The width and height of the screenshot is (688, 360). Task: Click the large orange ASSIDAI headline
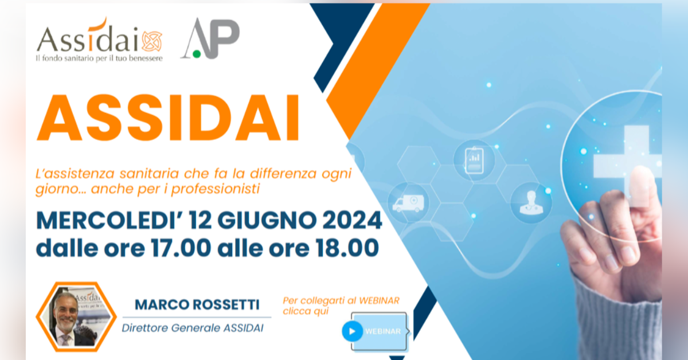(168, 118)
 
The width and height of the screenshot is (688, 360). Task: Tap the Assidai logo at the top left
(99, 40)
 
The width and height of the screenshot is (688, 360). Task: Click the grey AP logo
(210, 38)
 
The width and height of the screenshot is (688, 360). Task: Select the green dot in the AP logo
(197, 54)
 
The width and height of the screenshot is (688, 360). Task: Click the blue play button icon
(352, 331)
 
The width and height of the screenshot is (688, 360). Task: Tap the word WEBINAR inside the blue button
(383, 331)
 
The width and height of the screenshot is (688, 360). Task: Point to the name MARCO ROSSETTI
(197, 305)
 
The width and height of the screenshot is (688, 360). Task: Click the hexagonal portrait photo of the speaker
(76, 316)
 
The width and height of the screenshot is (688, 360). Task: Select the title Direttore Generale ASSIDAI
(193, 328)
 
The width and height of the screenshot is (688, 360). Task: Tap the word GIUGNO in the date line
(267, 220)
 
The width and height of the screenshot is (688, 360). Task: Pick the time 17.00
(181, 248)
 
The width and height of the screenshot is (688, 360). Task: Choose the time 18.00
(347, 248)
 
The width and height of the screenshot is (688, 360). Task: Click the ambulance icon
(408, 203)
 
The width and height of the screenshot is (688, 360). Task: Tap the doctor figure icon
(531, 203)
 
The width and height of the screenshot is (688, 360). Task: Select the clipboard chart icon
(474, 161)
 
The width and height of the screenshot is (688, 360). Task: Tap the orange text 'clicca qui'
(306, 311)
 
